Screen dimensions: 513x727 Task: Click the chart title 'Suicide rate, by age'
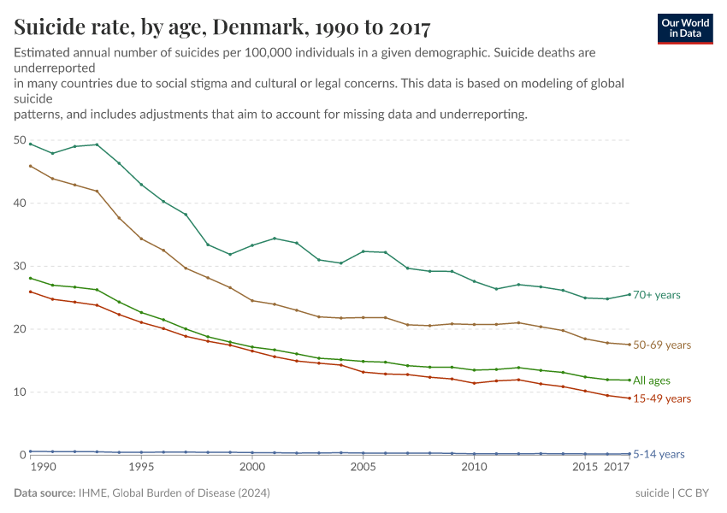(x=222, y=27)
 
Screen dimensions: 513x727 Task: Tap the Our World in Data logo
(x=685, y=28)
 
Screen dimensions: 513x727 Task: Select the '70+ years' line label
(x=656, y=295)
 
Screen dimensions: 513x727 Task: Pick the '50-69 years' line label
(x=661, y=345)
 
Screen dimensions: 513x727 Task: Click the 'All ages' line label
(x=652, y=380)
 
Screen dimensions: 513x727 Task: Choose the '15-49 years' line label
(x=661, y=398)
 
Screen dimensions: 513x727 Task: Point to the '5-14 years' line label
(x=659, y=455)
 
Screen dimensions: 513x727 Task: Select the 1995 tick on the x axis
(x=141, y=469)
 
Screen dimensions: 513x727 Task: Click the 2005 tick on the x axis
(x=363, y=469)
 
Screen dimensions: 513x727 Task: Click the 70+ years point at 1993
(x=97, y=144)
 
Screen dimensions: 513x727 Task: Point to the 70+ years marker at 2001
(x=275, y=239)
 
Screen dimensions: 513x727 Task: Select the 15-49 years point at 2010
(x=474, y=383)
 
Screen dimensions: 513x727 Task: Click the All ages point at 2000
(x=252, y=347)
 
